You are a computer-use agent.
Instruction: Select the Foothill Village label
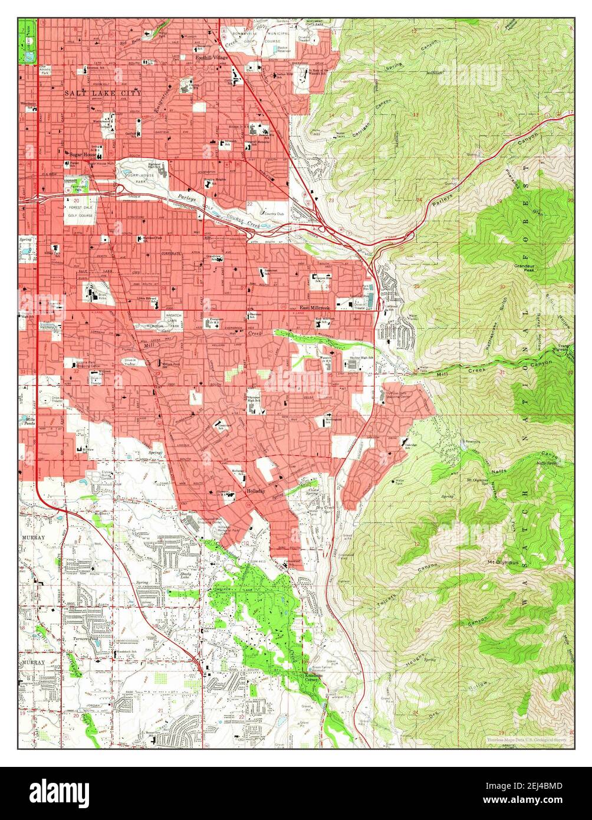pos(212,57)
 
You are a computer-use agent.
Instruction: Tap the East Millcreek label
pos(314,308)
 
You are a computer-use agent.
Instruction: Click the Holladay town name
pos(255,491)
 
